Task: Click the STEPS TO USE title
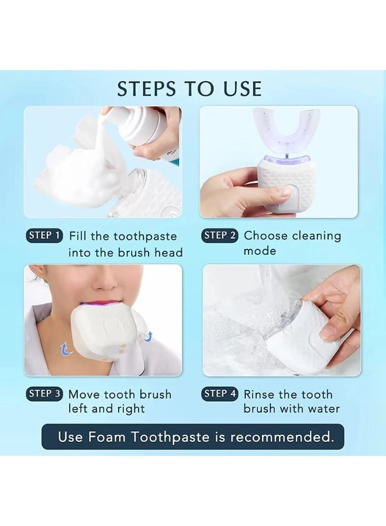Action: point(189,89)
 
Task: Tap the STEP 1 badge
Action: point(44,236)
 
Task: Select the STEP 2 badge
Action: point(220,236)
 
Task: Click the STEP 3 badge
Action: point(44,394)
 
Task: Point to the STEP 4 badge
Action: point(220,394)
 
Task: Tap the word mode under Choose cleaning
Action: point(260,251)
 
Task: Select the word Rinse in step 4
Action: point(260,394)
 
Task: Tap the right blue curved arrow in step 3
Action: point(148,335)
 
